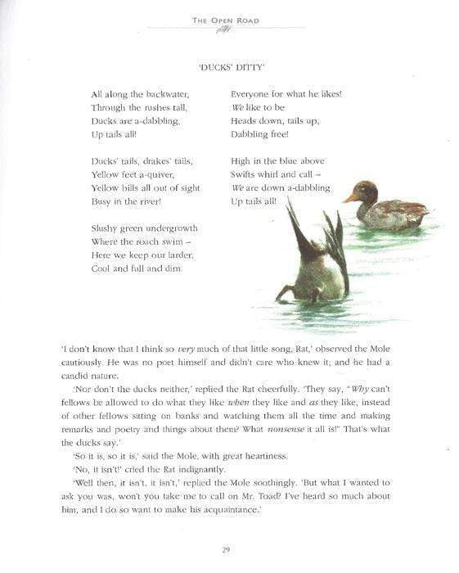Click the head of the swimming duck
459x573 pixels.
click(x=366, y=192)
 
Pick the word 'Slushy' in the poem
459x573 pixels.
click(x=106, y=228)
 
